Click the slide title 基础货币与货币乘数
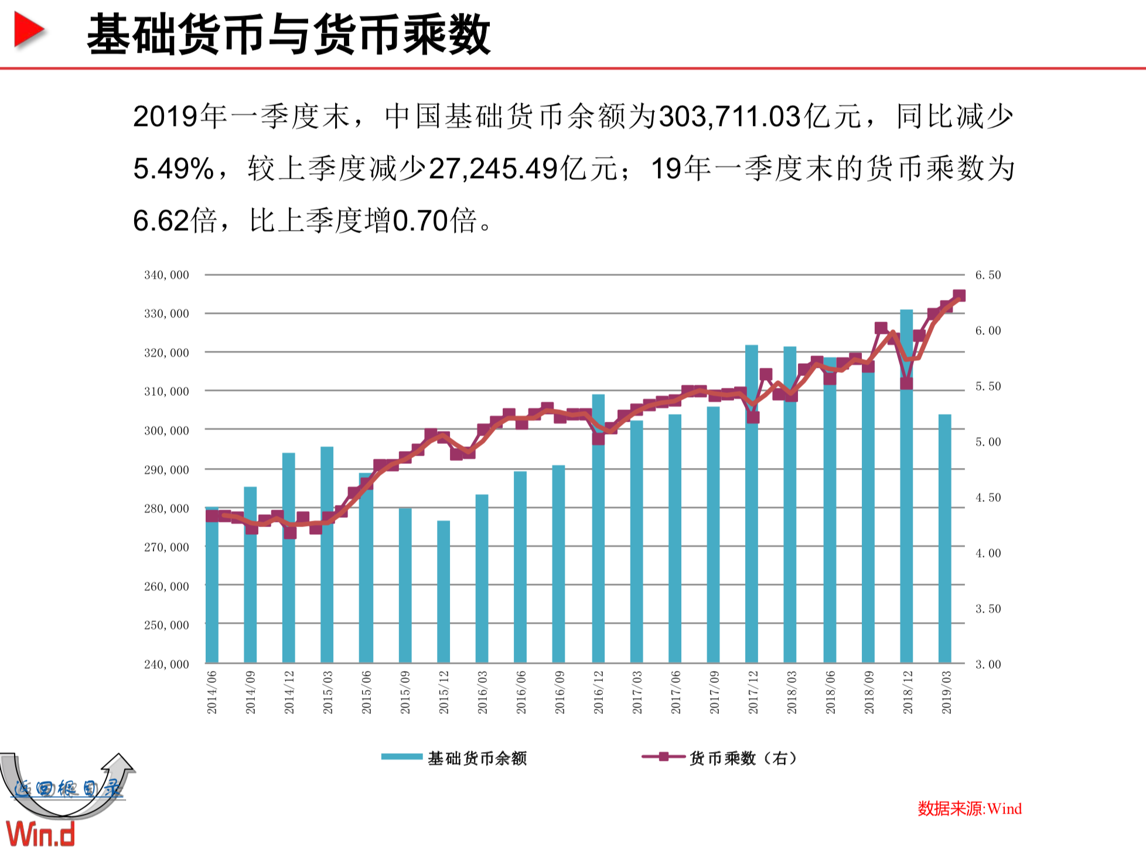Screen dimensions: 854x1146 pyautogui.click(x=288, y=35)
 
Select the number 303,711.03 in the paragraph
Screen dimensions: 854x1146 pyautogui.click(x=729, y=116)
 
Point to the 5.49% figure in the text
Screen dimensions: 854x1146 pyautogui.click(x=173, y=169)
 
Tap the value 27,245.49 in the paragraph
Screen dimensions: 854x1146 pyautogui.click(x=493, y=169)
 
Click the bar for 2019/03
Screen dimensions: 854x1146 pyautogui.click(x=944, y=539)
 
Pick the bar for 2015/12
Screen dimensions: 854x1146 pyautogui.click(x=444, y=592)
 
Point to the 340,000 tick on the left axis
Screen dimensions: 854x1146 pyautogui.click(x=166, y=275)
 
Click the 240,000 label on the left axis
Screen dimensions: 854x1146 pyautogui.click(x=166, y=664)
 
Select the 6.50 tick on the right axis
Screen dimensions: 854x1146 pyautogui.click(x=988, y=275)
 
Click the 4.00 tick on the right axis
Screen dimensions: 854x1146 pyautogui.click(x=988, y=553)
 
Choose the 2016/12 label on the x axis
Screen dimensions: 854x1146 pyautogui.click(x=598, y=692)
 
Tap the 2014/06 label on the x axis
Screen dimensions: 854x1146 pyautogui.click(x=212, y=692)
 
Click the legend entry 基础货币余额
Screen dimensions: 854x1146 pyautogui.click(x=454, y=758)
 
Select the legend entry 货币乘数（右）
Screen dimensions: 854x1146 pyautogui.click(x=721, y=758)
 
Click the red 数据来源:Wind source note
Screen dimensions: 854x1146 pyautogui.click(x=969, y=809)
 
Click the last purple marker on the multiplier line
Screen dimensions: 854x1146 pyautogui.click(x=959, y=296)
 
